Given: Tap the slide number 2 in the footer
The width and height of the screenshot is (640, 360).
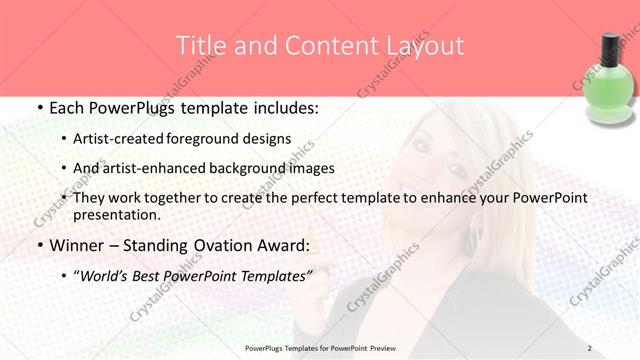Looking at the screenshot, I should [589, 348].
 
